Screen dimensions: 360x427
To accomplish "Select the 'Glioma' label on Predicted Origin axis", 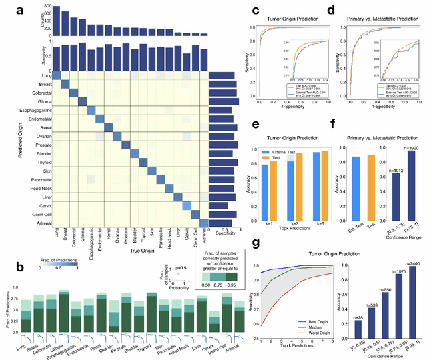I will pyautogui.click(x=42, y=100).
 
